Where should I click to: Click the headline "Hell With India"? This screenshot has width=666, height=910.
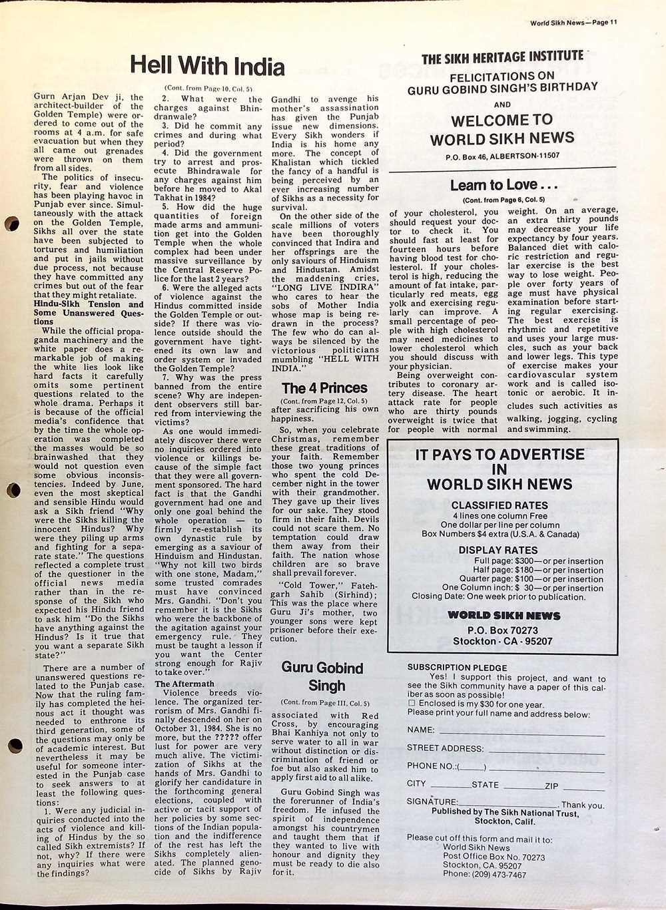pyautogui.click(x=207, y=67)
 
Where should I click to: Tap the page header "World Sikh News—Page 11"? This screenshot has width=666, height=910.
pyautogui.click(x=573, y=22)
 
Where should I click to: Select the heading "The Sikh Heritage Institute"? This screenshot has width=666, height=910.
pyautogui.click(x=502, y=59)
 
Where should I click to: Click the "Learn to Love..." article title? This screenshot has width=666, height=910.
pyautogui.click(x=503, y=185)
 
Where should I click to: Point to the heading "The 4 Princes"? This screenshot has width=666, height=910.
pyautogui.click(x=324, y=387)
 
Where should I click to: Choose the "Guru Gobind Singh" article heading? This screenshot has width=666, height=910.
pyautogui.click(x=322, y=676)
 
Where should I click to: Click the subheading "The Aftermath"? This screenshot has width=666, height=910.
pyautogui.click(x=184, y=684)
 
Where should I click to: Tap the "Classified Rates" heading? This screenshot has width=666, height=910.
pyautogui.click(x=499, y=505)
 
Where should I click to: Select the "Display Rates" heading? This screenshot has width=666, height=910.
pyautogui.click(x=498, y=550)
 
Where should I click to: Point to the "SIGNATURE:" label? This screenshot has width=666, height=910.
pyautogui.click(x=432, y=801)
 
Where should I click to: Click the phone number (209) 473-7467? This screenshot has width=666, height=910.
pyautogui.click(x=484, y=875)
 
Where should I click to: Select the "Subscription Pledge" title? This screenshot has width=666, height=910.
pyautogui.click(x=457, y=667)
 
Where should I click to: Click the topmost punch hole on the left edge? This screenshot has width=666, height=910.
pyautogui.click(x=11, y=225)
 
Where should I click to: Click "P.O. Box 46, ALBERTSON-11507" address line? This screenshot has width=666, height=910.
pyautogui.click(x=502, y=156)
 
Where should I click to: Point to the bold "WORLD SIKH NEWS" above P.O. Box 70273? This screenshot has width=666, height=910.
pyautogui.click(x=503, y=616)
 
